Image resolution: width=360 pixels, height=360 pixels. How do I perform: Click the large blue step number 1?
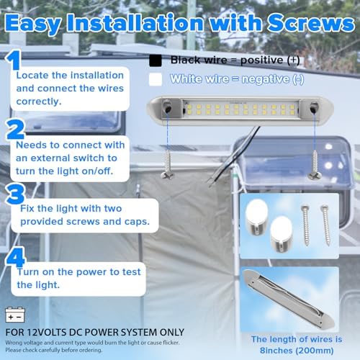pyautogui.click(x=14, y=60)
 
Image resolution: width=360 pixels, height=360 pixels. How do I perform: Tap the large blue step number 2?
pyautogui.click(x=15, y=130)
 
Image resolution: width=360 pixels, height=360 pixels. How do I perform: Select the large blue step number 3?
pyautogui.click(x=16, y=194)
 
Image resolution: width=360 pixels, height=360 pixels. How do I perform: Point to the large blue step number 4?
pyautogui.click(x=16, y=257)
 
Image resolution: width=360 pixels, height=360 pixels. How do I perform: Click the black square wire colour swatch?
pyautogui.click(x=156, y=60)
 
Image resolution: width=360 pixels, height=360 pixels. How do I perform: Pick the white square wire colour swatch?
pyautogui.click(x=156, y=79)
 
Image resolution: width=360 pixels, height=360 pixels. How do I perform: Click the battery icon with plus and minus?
pyautogui.click(x=15, y=315)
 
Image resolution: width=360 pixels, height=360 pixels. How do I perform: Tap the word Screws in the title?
pyautogui.click(x=311, y=23)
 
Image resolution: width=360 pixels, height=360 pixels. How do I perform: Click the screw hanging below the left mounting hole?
pyautogui.click(x=167, y=165)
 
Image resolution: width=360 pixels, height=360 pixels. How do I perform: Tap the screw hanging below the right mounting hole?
pyautogui.click(x=315, y=165)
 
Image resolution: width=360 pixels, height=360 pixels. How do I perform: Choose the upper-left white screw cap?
pyautogui.click(x=256, y=217)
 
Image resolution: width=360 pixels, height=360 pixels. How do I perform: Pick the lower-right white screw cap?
pyautogui.click(x=282, y=233)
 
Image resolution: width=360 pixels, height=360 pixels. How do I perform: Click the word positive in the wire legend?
pyautogui.click(x=261, y=60)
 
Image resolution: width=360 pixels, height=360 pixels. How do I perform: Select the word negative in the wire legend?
pyautogui.click(x=266, y=79)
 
